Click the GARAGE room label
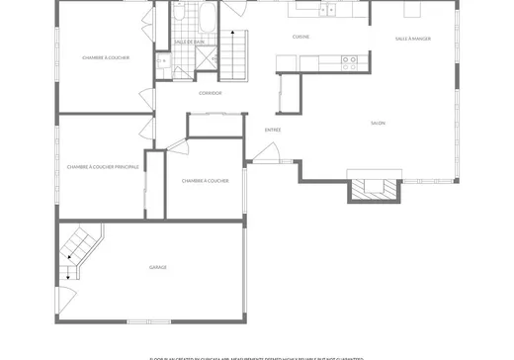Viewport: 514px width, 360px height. click(157, 267)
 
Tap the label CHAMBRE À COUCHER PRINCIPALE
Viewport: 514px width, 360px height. click(103, 167)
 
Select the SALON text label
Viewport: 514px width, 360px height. click(378, 123)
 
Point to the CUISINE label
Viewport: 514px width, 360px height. click(300, 37)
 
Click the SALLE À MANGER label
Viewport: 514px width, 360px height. click(412, 39)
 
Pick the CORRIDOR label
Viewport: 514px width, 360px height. click(210, 93)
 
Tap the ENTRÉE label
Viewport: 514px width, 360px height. click(273, 130)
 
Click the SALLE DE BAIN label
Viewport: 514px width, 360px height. click(189, 42)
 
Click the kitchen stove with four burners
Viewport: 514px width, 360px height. click(349, 62)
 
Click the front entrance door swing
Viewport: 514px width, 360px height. click(265, 153)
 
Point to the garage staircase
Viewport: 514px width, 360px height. click(78, 250)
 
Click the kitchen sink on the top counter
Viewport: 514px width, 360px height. click(326, 11)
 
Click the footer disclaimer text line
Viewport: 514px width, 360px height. click(256, 357)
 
